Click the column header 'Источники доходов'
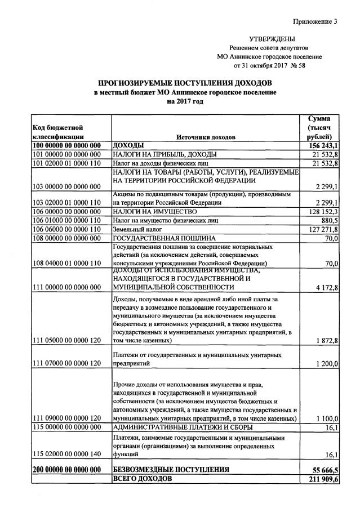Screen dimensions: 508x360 point(206,137)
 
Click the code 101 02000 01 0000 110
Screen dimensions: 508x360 point(66,163)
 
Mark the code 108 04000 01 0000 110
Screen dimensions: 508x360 point(66,263)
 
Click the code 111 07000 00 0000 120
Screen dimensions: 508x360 point(66,364)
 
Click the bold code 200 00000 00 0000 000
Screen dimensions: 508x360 point(66,470)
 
